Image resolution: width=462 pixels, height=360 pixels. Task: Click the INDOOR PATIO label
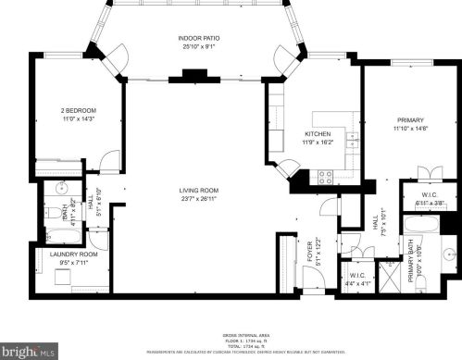pyautogui.click(x=199, y=38)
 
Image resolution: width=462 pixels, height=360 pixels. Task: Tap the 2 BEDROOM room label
pyautogui.click(x=79, y=110)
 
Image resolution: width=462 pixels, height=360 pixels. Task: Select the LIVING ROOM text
pyautogui.click(x=199, y=191)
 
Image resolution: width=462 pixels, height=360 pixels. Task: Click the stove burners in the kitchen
pyautogui.click(x=326, y=176)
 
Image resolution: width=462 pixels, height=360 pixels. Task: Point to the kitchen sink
pyautogui.click(x=352, y=141)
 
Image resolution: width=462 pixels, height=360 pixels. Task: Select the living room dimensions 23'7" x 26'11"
pyautogui.click(x=199, y=199)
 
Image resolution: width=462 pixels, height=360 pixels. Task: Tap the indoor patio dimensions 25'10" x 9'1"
pyautogui.click(x=199, y=46)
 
